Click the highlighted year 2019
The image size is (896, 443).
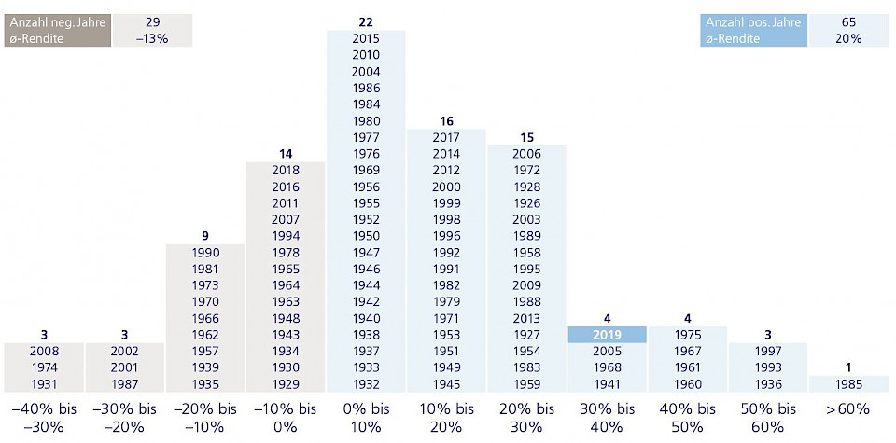click(x=607, y=335)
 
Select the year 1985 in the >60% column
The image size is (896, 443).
click(x=848, y=383)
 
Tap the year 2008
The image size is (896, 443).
click(x=45, y=352)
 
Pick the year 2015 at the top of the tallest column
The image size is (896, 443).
click(x=366, y=38)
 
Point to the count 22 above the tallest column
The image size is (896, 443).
click(x=366, y=22)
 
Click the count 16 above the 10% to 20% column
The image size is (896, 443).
click(x=446, y=121)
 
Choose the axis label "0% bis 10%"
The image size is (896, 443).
click(x=366, y=418)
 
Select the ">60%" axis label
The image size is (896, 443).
click(x=848, y=409)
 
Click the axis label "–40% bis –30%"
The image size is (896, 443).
click(x=45, y=418)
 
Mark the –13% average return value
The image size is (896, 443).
click(x=152, y=39)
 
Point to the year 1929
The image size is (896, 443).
click(x=286, y=383)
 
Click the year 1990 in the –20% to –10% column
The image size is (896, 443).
click(x=205, y=252)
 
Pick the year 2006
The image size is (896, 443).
click(x=526, y=154)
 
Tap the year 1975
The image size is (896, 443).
click(x=687, y=335)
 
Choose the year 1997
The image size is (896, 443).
click(x=767, y=352)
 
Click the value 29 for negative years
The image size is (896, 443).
click(x=152, y=22)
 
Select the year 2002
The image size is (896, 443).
click(x=125, y=352)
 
